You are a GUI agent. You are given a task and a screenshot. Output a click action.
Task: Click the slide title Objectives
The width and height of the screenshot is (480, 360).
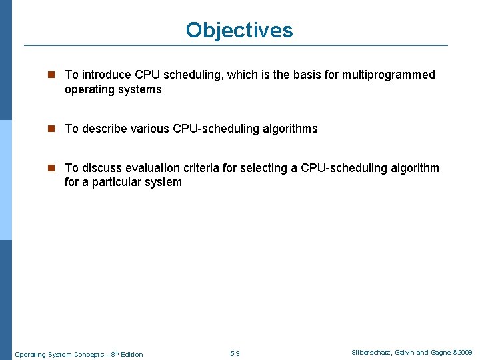(239, 30)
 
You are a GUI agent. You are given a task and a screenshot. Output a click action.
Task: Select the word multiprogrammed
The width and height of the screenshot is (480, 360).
(389, 75)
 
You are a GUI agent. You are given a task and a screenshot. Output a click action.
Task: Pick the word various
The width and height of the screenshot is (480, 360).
(150, 129)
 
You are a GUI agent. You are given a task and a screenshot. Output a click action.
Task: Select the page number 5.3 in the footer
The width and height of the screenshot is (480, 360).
(235, 353)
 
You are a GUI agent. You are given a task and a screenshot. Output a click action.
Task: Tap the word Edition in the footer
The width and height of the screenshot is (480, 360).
(131, 354)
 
